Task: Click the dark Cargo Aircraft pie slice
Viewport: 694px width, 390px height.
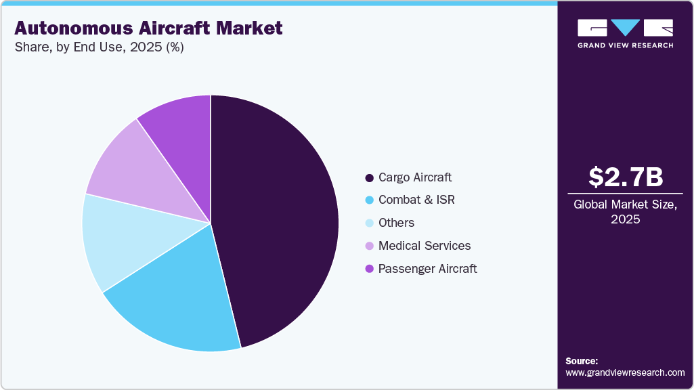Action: pos(278,217)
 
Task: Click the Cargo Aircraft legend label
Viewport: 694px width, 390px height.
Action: pos(414,177)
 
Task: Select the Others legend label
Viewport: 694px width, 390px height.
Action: pos(396,223)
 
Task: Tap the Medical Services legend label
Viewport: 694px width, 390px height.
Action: pos(424,246)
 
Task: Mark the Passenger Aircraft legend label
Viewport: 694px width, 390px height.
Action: pos(427,269)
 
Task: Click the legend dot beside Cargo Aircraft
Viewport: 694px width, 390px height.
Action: pos(369,178)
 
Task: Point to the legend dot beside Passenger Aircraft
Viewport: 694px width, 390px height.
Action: pos(369,269)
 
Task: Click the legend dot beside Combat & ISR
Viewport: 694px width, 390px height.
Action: pos(369,201)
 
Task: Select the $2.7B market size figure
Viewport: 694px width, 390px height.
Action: pos(625,177)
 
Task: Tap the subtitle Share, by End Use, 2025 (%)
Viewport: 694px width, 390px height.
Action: pos(99,47)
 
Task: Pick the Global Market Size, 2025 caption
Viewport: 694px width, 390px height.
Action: pos(625,213)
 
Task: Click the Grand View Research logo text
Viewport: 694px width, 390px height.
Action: pos(625,45)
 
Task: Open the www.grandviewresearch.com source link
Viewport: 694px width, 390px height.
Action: pos(625,372)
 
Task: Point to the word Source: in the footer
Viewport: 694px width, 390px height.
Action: pos(582,361)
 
